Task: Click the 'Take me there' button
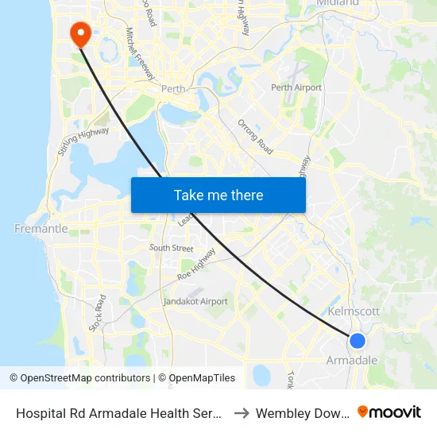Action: click(x=218, y=195)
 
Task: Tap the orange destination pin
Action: click(x=80, y=33)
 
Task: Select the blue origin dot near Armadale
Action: click(x=358, y=341)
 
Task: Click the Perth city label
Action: click(x=172, y=89)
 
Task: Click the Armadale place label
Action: click(x=352, y=361)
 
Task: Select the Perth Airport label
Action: click(x=296, y=87)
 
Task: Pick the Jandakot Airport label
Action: click(x=195, y=302)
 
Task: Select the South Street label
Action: click(x=172, y=249)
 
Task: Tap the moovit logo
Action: click(x=389, y=412)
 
